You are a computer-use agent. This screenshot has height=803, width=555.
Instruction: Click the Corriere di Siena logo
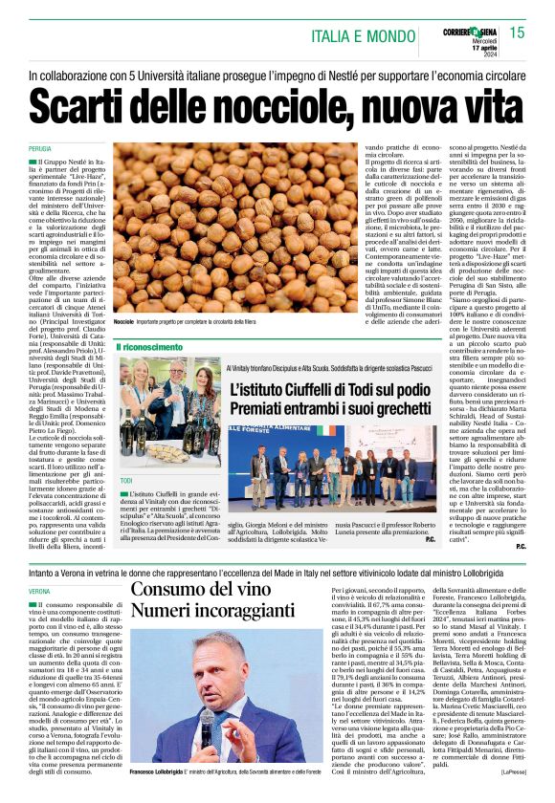click(473, 30)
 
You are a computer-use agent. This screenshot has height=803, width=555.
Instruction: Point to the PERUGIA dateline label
click(40, 150)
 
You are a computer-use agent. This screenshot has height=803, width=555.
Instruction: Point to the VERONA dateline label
click(40, 592)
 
